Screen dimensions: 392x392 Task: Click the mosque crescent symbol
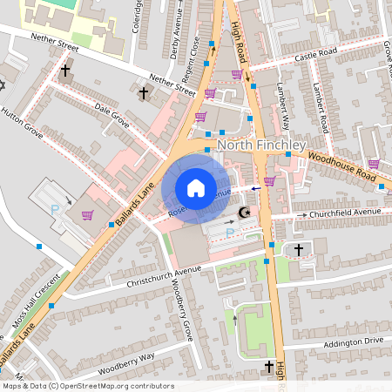click(245, 213)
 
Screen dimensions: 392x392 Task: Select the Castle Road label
click(316, 55)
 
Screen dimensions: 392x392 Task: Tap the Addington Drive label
click(353, 341)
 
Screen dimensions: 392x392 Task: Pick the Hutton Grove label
click(19, 123)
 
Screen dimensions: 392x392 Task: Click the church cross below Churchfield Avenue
click(299, 250)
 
